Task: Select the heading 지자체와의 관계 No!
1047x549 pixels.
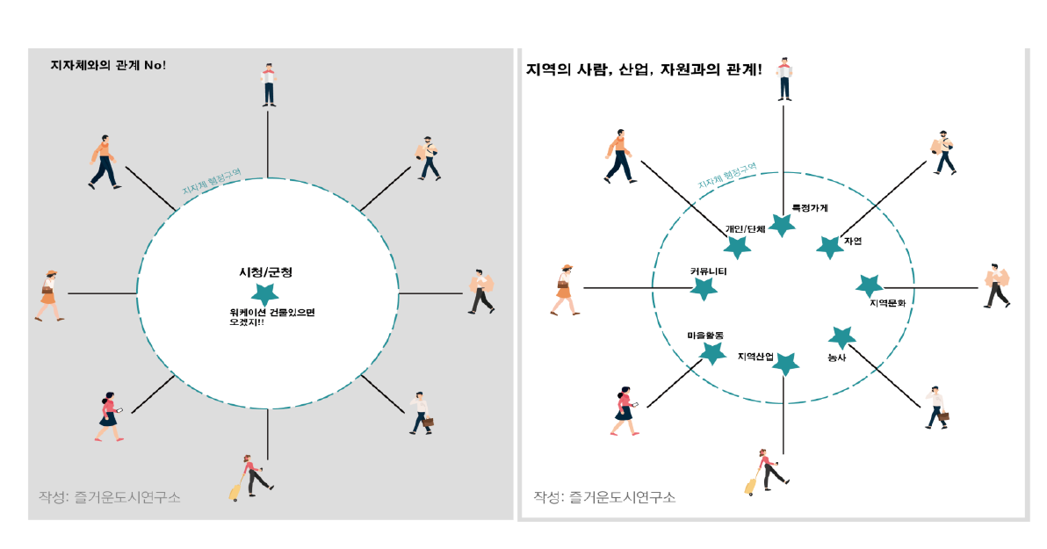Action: [x=109, y=65]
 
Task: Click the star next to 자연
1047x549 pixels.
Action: [x=829, y=247]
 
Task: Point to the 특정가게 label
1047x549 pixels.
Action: [x=809, y=208]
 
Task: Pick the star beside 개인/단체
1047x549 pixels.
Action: [x=738, y=249]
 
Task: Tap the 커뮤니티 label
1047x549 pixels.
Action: [x=708, y=271]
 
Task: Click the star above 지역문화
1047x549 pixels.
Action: [x=869, y=285]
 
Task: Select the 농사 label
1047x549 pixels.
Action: [x=836, y=358]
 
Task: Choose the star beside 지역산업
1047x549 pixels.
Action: [x=785, y=364]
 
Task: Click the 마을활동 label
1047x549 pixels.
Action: [x=705, y=335]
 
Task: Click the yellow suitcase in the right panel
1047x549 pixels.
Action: [x=751, y=486]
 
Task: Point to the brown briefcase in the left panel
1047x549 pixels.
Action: [x=428, y=423]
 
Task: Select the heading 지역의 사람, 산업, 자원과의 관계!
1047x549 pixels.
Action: [x=643, y=69]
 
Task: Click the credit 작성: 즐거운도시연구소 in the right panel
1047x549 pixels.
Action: [x=604, y=497]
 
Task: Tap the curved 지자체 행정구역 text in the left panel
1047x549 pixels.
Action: [x=211, y=182]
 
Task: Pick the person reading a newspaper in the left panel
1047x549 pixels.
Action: [x=269, y=84]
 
